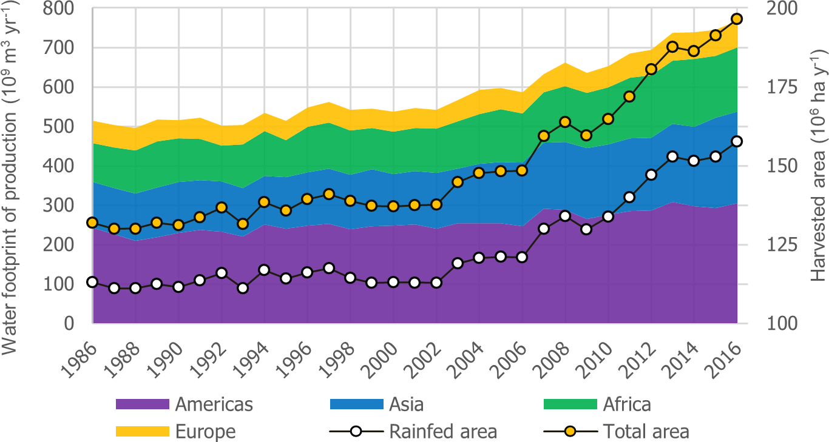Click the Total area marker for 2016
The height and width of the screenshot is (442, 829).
pyautogui.click(x=737, y=19)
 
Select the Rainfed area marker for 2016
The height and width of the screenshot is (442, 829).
pyautogui.click(x=737, y=141)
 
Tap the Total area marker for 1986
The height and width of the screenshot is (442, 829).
pyautogui.click(x=92, y=223)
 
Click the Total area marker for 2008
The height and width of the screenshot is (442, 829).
pyautogui.click(x=565, y=122)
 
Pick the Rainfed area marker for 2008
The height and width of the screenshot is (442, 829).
pyautogui.click(x=565, y=216)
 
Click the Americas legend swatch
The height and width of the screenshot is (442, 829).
pyautogui.click(x=142, y=404)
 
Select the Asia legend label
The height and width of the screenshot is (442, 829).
pyautogui.click(x=407, y=404)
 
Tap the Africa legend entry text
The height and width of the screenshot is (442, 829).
pyautogui.click(x=627, y=404)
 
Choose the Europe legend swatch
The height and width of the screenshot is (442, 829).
pyautogui.click(x=142, y=432)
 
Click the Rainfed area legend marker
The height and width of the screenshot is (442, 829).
pyautogui.click(x=356, y=432)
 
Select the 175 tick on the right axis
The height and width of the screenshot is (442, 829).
pyautogui.click(x=770, y=87)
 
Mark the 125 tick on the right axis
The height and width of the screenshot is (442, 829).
pyautogui.click(x=770, y=245)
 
